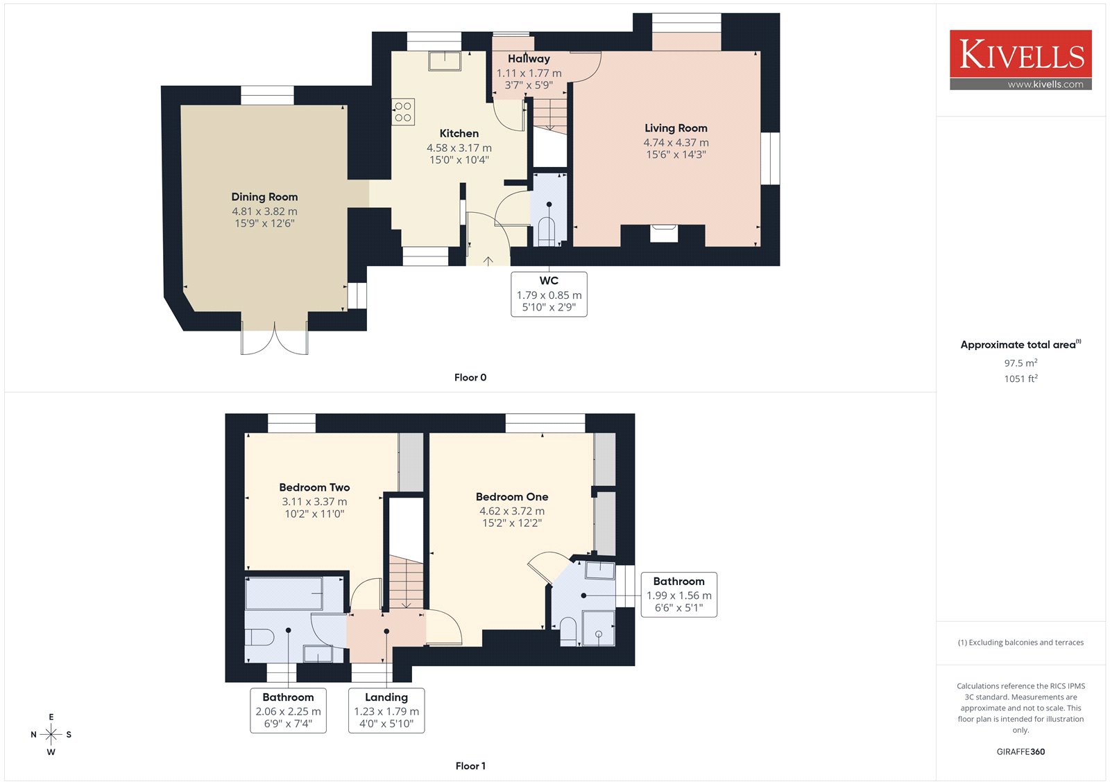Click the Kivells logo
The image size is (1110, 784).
[1021, 60]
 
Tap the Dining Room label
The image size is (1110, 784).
[264, 197]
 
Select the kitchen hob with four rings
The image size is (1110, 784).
[403, 112]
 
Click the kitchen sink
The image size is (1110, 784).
[445, 61]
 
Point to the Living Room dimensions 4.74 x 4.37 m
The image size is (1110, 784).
[676, 143]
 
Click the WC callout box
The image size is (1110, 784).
[549, 294]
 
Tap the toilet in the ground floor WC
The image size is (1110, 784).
[547, 232]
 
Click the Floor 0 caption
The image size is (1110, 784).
[470, 377]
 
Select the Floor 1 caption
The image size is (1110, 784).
[470, 766]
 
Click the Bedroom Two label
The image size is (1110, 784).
[314, 487]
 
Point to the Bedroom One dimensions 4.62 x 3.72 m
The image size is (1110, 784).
[512, 511]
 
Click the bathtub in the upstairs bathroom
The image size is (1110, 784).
[284, 593]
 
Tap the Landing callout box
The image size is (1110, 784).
[386, 711]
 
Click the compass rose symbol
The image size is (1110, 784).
[51, 734]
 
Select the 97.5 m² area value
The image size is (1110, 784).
[1021, 363]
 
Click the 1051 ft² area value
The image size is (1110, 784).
[1021, 378]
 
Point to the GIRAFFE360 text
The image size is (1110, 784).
[1021, 751]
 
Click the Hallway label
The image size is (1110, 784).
[529, 58]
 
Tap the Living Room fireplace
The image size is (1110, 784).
[663, 234]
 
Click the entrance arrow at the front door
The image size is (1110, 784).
[488, 261]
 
